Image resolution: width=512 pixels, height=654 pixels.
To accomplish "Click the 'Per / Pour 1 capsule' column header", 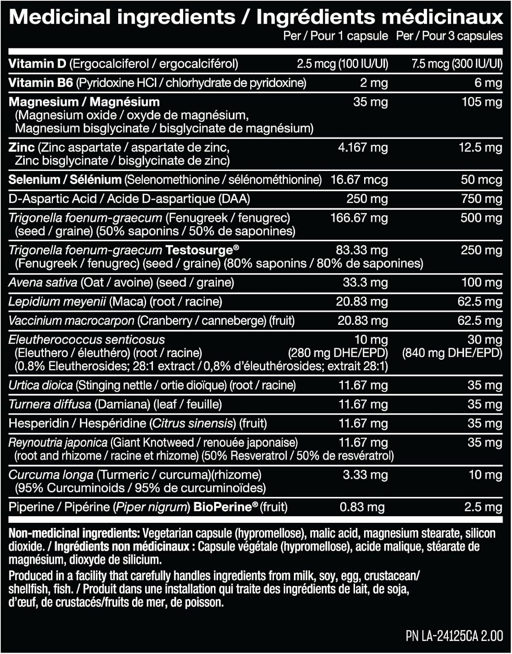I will pyautogui.click(x=335, y=36).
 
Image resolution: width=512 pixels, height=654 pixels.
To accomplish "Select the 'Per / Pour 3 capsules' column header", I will pyautogui.click(x=449, y=36).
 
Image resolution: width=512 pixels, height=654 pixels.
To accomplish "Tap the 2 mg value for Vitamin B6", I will pyautogui.click(x=374, y=83).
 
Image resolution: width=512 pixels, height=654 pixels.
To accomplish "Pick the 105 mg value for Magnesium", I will pyautogui.click(x=482, y=102).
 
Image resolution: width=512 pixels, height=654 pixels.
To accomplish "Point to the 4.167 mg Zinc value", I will pyautogui.click(x=362, y=147).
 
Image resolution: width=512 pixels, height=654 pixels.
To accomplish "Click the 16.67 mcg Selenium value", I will pyautogui.click(x=359, y=180).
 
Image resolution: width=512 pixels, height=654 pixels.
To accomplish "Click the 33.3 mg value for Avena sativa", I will pyautogui.click(x=365, y=283).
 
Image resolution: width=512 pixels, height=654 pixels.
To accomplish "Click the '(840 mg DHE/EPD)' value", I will pyautogui.click(x=452, y=353).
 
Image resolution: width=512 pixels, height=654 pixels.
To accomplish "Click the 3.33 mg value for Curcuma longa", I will pyautogui.click(x=365, y=475).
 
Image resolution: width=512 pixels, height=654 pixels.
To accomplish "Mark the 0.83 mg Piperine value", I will pyautogui.click(x=362, y=507).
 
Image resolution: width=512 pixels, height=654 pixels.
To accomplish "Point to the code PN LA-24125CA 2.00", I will pyautogui.click(x=454, y=636).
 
